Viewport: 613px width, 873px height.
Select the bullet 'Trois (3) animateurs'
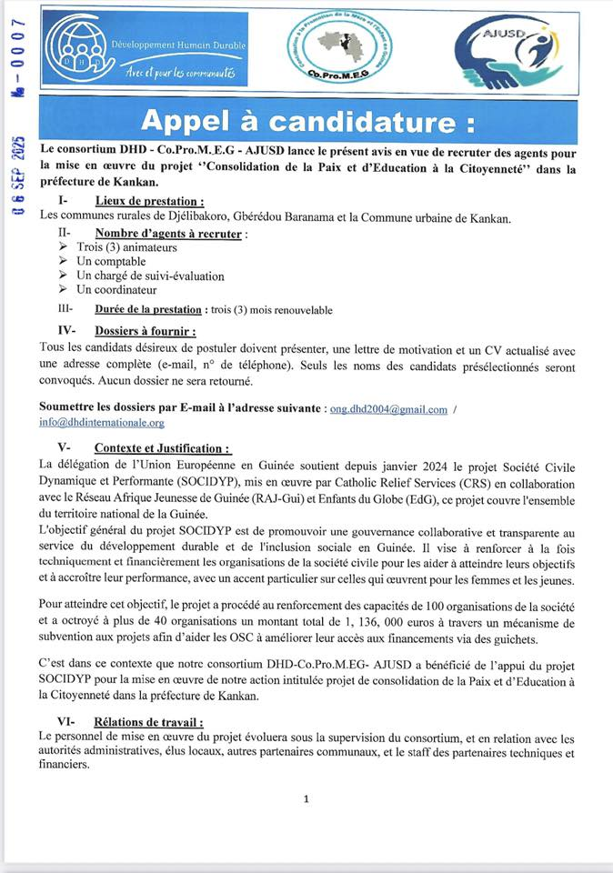click(126, 247)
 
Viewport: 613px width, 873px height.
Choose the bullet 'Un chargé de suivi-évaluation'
click(150, 276)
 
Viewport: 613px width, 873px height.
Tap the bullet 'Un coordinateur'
click(116, 290)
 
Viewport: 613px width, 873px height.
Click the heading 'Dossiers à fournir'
click(145, 332)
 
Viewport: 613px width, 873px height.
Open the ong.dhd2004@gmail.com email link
click(388, 410)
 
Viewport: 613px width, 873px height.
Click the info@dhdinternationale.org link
click(102, 423)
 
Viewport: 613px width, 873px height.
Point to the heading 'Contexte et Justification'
click(162, 448)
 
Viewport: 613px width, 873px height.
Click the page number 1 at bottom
click(306, 799)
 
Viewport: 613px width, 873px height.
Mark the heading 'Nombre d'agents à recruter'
click(167, 234)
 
